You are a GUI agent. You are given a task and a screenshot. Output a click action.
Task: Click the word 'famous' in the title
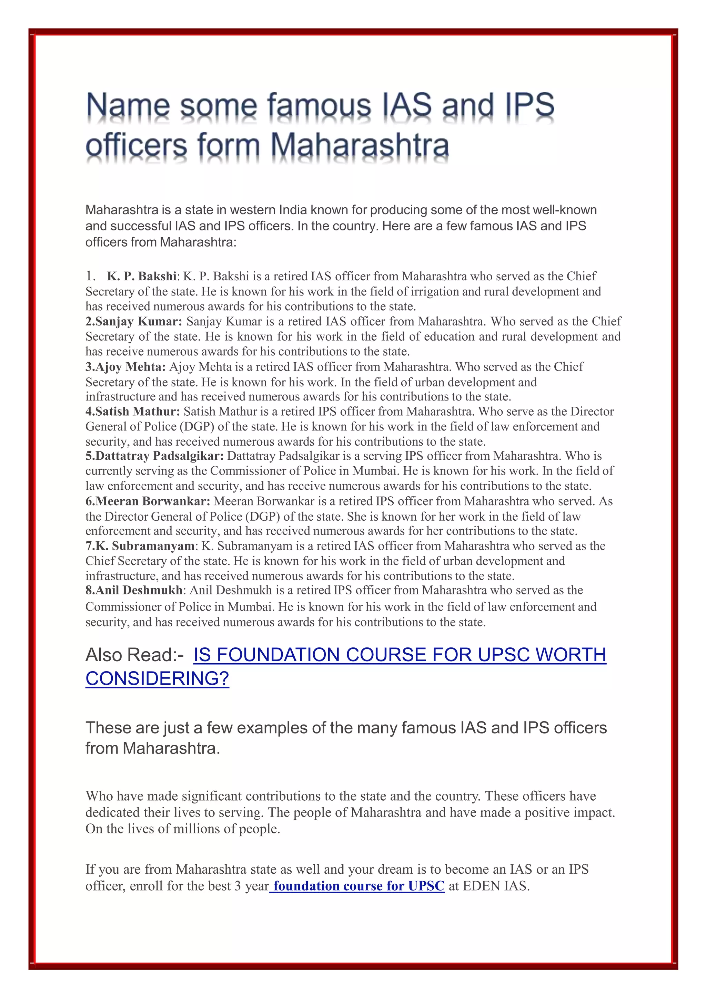coord(319,106)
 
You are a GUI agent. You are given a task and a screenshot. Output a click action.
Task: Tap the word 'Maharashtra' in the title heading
coord(360,146)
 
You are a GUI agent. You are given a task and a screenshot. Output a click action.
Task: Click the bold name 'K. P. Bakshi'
coord(142,277)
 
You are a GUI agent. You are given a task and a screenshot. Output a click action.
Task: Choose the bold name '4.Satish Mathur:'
coord(133,412)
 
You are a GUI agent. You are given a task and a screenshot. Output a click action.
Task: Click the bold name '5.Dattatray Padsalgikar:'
coord(154,456)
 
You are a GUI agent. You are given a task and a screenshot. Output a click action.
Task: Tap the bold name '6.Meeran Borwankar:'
coord(148,502)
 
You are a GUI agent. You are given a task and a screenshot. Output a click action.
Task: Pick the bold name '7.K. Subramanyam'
coord(140,547)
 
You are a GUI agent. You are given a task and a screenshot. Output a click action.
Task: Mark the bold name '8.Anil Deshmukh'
coord(134,590)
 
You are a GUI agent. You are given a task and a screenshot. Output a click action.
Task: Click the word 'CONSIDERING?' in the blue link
coord(157,678)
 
